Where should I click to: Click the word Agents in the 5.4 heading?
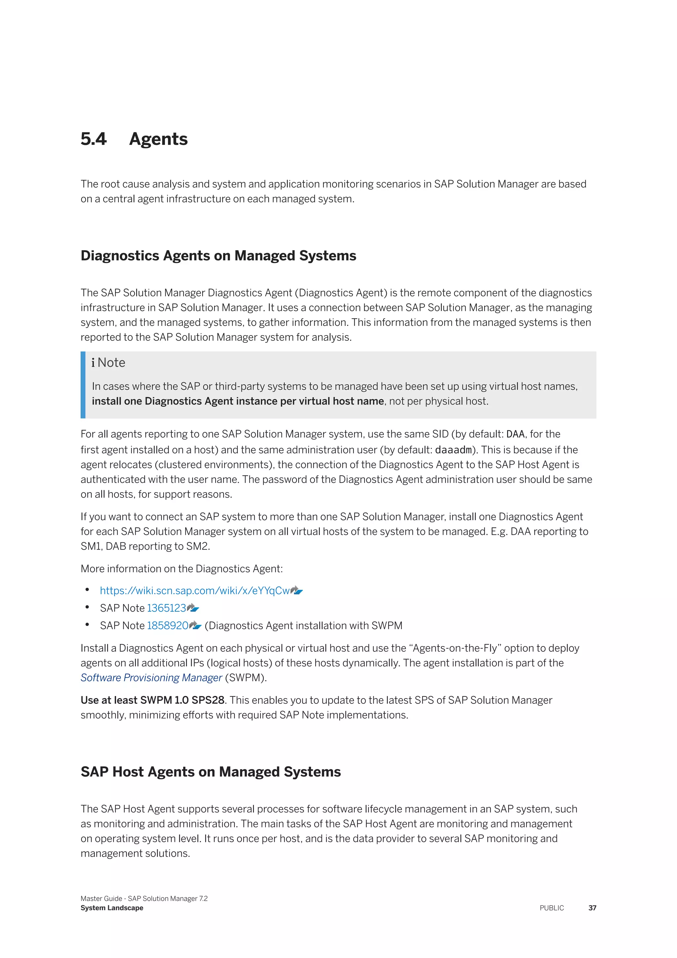click(x=158, y=139)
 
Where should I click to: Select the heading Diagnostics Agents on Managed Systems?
click(x=218, y=255)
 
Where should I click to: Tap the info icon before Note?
click(x=93, y=363)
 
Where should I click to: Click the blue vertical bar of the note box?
click(x=83, y=385)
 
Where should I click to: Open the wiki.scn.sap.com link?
click(x=195, y=590)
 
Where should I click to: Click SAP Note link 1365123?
click(x=166, y=608)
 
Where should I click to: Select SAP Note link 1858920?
click(x=168, y=626)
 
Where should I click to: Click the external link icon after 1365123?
click(x=193, y=608)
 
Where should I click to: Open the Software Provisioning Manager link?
click(x=151, y=677)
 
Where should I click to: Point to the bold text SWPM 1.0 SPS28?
click(x=182, y=700)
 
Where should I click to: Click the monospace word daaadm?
click(x=453, y=450)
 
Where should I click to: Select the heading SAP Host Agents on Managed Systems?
click(x=211, y=772)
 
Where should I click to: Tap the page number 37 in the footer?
click(x=592, y=908)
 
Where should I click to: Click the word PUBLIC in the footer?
click(x=551, y=908)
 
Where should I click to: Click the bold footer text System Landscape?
click(x=112, y=908)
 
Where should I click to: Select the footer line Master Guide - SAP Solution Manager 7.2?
click(x=144, y=898)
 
